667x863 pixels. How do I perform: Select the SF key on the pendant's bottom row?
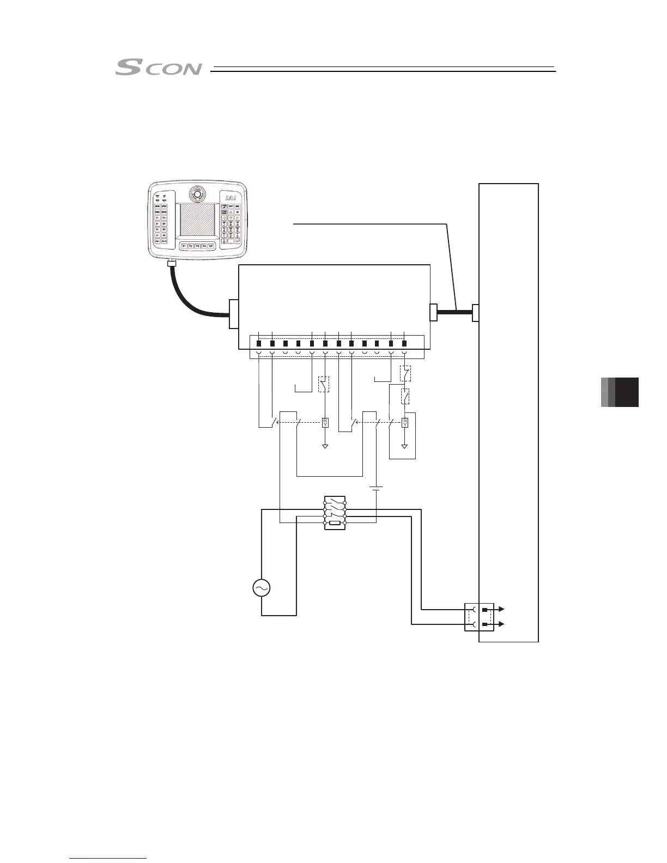coord(211,246)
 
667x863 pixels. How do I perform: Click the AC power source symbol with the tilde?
coord(261,588)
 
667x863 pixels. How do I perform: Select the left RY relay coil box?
coord(325,422)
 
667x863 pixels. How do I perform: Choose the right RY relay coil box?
coord(404,422)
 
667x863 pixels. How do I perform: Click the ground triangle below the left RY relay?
coord(325,446)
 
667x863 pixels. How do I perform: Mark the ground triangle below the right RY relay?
coord(404,446)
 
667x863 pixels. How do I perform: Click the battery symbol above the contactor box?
coord(375,488)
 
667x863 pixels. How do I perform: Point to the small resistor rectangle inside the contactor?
coord(335,523)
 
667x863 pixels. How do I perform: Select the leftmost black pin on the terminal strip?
coord(259,343)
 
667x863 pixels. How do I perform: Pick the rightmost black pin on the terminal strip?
coord(404,343)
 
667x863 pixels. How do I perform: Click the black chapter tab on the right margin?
coord(627,392)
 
